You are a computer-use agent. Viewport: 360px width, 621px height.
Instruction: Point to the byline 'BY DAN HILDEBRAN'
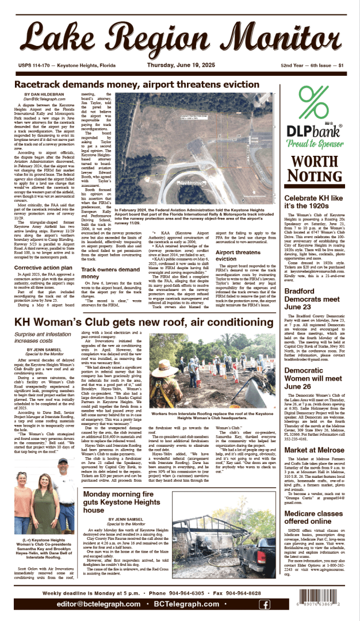coord(43,94)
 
